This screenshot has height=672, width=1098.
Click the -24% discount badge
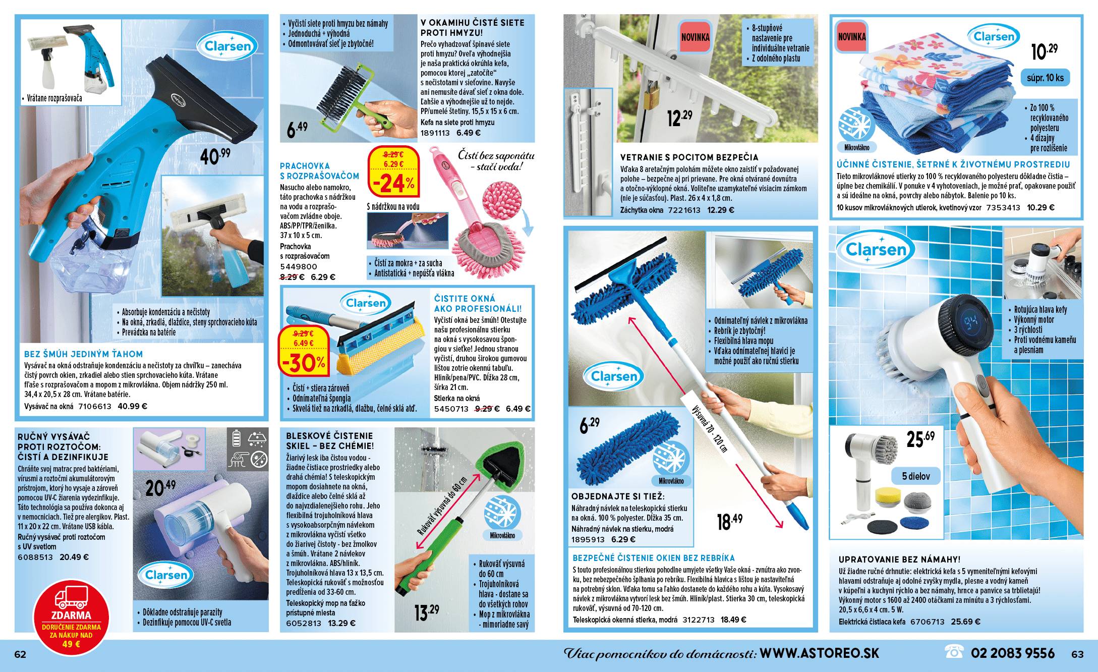393,172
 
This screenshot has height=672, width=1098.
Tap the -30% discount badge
304,351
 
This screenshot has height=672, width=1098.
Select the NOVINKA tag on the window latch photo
695,37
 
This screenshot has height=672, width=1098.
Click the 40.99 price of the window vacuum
215,156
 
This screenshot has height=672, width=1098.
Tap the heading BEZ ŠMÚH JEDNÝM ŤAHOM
84,354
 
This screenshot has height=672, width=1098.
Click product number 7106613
95,406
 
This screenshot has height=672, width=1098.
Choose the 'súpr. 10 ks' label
1045,78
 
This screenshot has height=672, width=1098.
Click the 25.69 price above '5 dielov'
920,439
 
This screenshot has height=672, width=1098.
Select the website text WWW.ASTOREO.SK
820,653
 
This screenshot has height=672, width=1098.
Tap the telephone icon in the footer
954,652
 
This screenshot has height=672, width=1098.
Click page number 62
20,654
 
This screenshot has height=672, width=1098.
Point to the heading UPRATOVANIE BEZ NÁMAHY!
899,559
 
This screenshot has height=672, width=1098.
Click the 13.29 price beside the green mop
427,612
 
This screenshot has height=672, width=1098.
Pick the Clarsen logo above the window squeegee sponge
366,303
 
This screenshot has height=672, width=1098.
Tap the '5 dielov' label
916,476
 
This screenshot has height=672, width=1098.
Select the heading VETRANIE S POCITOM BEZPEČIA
689,157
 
